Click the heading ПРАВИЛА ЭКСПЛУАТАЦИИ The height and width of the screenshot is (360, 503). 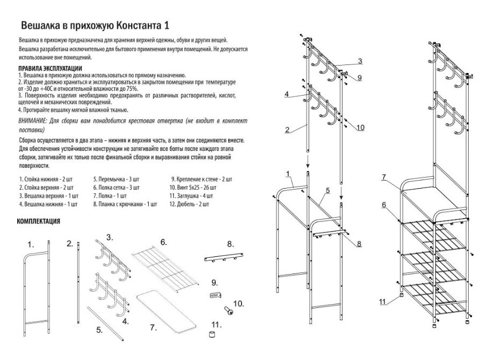pos(50,68)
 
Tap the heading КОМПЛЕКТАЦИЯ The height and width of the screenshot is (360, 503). pos(39,221)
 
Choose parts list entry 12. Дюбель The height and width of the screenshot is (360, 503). pos(189,204)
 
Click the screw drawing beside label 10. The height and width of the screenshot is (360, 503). pos(227,309)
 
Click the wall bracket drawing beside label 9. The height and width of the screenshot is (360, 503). pos(216,294)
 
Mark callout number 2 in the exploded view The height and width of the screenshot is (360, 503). pos(288,129)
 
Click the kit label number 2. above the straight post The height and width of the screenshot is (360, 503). pos(70,243)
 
